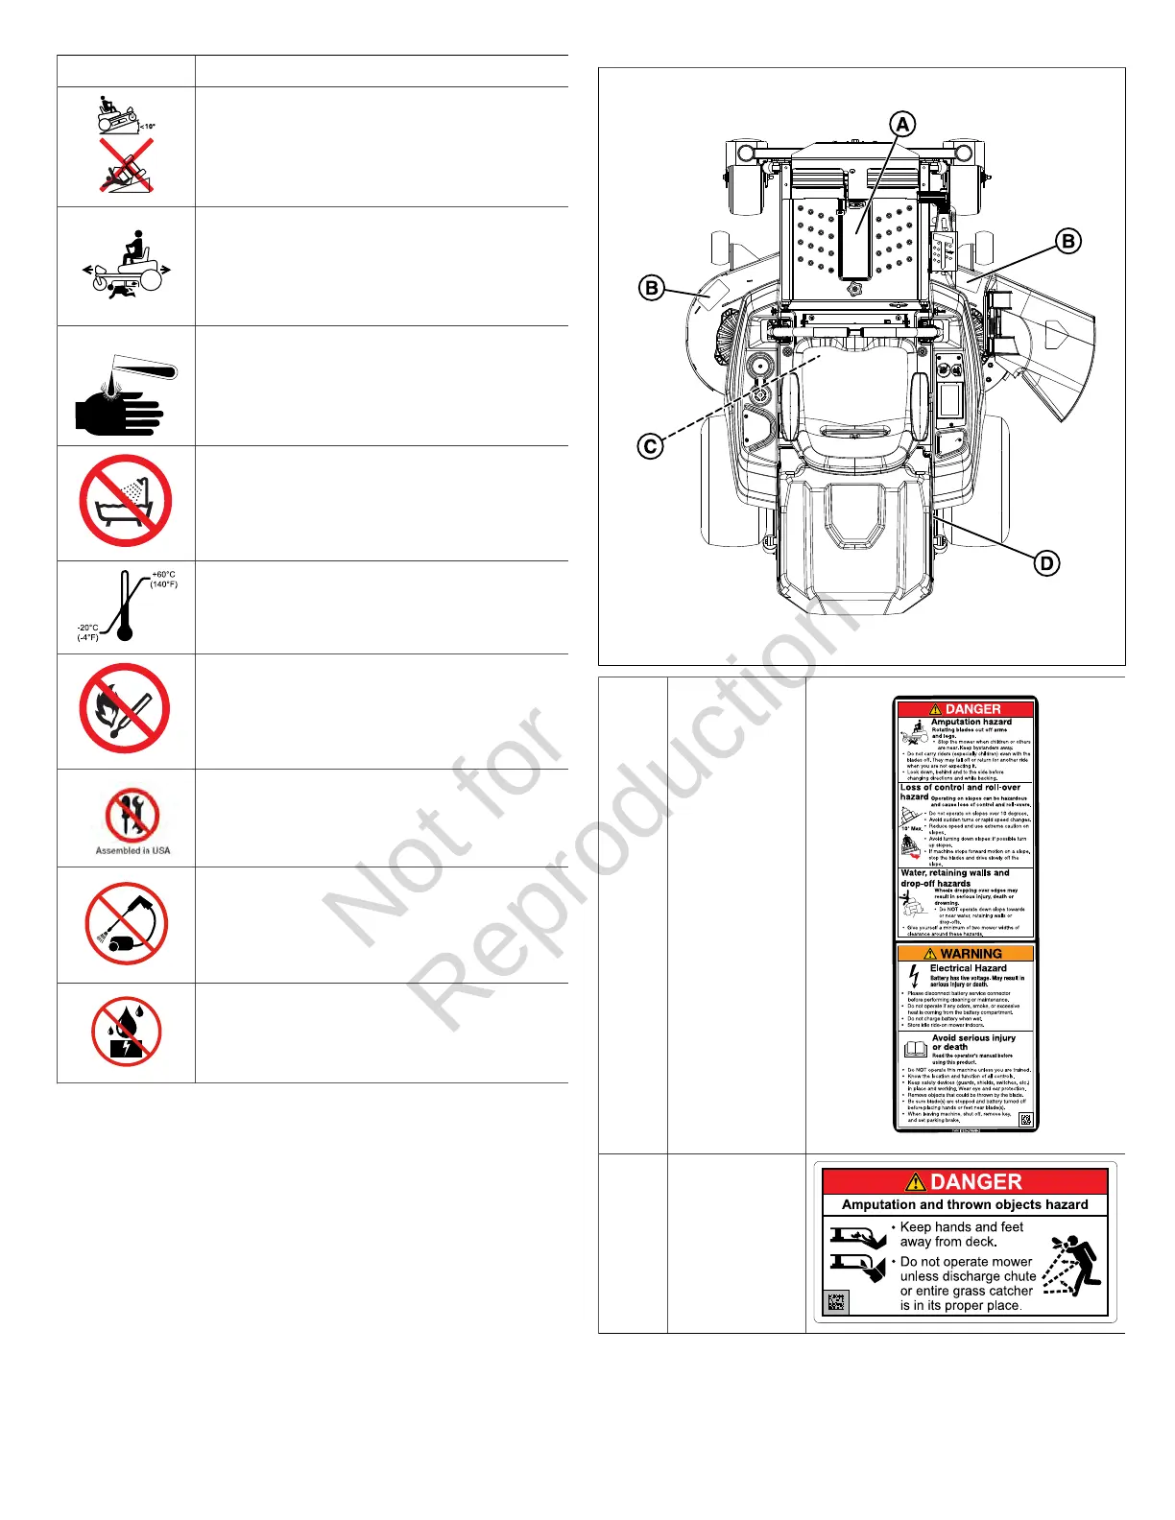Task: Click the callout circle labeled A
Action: tap(901, 125)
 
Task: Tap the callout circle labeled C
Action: tap(651, 446)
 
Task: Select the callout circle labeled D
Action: tap(1047, 563)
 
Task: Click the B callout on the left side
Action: tap(652, 288)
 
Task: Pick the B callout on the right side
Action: tap(1068, 241)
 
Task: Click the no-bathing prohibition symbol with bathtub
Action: tap(126, 501)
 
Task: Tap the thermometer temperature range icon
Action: tap(125, 606)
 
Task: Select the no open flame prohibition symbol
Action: tap(125, 708)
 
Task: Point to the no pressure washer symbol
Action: tap(126, 924)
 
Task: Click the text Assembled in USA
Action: tap(132, 850)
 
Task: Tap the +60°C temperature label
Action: tap(163, 575)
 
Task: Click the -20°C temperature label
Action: tap(87, 628)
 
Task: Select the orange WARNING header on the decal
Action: tap(966, 954)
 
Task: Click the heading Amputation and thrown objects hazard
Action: tap(965, 1204)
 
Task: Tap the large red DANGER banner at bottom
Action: tap(965, 1182)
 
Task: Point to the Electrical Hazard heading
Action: tap(968, 968)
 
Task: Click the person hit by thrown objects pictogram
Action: tap(1074, 1266)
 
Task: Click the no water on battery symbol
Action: tap(126, 1033)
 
